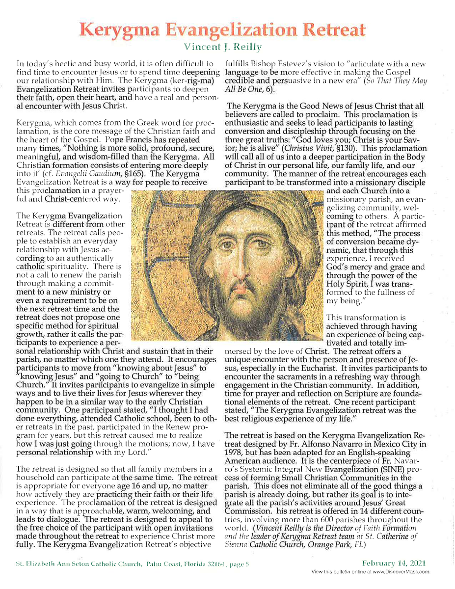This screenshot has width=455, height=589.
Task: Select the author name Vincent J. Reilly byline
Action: (223, 47)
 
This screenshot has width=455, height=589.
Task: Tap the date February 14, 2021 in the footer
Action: (394, 563)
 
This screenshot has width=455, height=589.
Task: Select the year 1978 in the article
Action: (235, 453)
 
